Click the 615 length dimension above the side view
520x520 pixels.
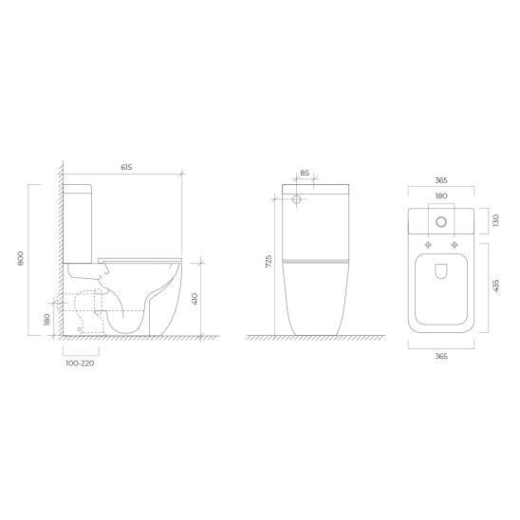pyautogui.click(x=127, y=167)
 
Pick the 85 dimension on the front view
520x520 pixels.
pyautogui.click(x=305, y=173)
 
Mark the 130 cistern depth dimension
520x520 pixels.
pyautogui.click(x=495, y=220)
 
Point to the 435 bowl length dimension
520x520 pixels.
pyautogui.click(x=495, y=287)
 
